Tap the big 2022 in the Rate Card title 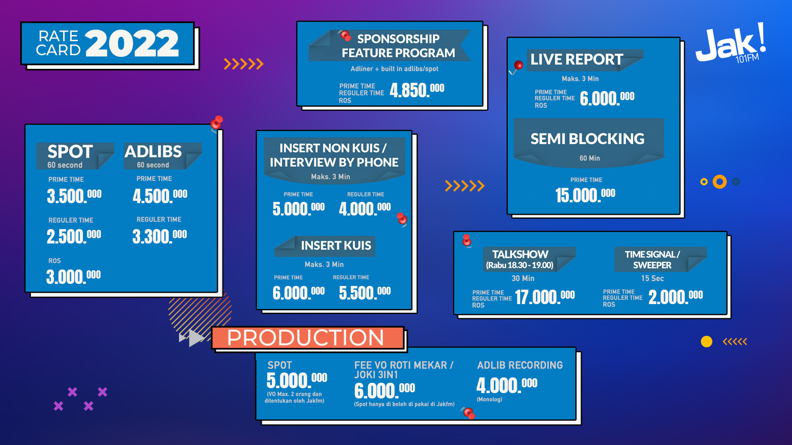[132, 44]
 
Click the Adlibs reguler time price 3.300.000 [160, 236]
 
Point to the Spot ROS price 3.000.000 [73, 276]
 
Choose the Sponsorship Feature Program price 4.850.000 [417, 90]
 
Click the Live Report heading [576, 59]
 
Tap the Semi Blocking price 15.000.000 [585, 195]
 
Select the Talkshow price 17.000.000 [544, 297]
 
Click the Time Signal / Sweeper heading [652, 260]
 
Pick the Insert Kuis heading [336, 246]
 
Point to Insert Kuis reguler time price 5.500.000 [365, 293]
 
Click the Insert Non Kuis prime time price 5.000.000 [298, 208]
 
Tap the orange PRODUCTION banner [307, 338]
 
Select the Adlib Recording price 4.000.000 [507, 385]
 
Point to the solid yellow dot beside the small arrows [707, 342]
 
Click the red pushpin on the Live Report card [518, 65]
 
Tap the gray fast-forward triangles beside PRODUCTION [192, 338]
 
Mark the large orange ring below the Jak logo [720, 182]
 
